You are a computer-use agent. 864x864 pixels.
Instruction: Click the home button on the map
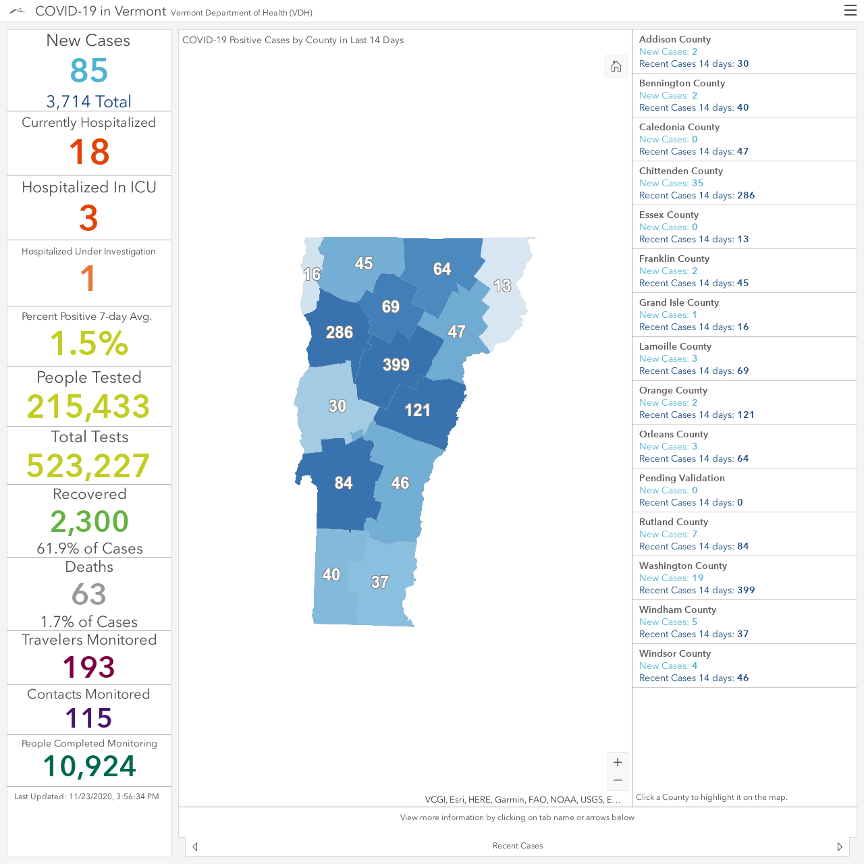tap(616, 66)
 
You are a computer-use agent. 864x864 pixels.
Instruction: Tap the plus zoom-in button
tap(618, 762)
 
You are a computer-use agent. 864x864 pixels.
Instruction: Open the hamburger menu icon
tap(850, 10)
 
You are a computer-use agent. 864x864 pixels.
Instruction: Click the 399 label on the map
tap(396, 364)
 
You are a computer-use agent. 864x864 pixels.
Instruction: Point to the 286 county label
tap(340, 332)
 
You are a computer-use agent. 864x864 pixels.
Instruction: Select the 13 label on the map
tap(502, 286)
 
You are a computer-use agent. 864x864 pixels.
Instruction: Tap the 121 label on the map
tap(417, 410)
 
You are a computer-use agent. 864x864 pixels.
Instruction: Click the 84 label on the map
tap(344, 483)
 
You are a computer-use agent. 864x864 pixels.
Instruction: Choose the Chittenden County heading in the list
tap(680, 171)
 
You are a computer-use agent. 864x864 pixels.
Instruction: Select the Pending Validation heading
tap(682, 478)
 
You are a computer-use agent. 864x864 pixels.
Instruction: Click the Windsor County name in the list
tap(675, 653)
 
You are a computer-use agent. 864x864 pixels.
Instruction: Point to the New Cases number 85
tap(89, 70)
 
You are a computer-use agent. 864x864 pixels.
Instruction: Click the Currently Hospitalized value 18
tap(89, 152)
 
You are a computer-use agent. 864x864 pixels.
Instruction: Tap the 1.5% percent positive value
tap(89, 344)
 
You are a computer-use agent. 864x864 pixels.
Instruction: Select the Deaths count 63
tap(89, 594)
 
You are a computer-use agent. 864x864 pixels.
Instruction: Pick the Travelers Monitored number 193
tap(89, 667)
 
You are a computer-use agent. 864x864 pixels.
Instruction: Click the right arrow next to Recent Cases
tap(840, 846)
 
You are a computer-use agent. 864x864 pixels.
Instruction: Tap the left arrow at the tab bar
tap(194, 846)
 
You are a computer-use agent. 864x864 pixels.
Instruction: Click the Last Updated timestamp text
tap(86, 796)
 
